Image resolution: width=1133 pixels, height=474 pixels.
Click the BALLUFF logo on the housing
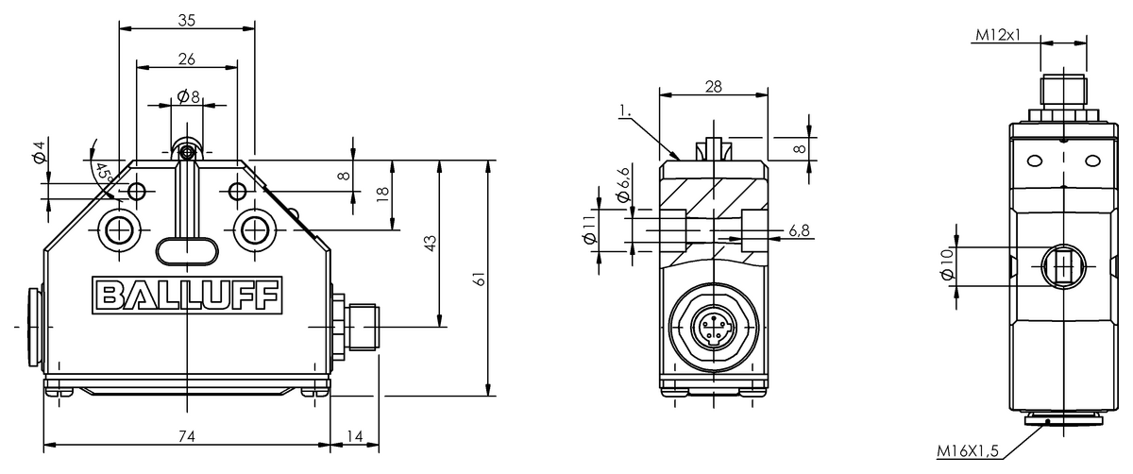click(187, 296)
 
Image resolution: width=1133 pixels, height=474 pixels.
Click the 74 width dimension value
click(187, 436)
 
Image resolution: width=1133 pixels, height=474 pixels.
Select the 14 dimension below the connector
click(355, 436)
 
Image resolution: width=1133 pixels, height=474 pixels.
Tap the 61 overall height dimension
click(480, 279)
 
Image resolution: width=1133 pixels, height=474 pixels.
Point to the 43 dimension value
click(431, 244)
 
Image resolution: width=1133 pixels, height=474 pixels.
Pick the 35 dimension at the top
click(187, 20)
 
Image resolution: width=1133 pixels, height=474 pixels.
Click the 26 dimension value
click(187, 59)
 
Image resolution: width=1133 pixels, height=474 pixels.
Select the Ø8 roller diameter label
click(189, 96)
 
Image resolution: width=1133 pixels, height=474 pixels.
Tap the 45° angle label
click(104, 172)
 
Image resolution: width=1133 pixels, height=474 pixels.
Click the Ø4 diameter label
click(39, 152)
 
